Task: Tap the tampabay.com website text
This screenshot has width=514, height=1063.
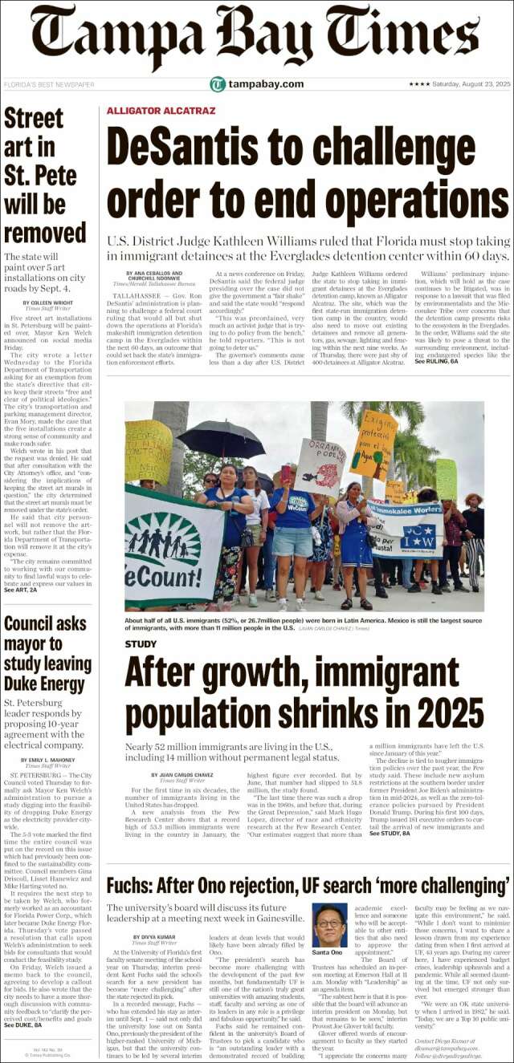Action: point(266,84)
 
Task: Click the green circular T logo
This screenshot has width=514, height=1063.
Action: point(218,84)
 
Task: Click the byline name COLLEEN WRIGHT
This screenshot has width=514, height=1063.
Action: point(49,303)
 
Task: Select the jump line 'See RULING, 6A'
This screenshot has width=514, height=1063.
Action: point(436,363)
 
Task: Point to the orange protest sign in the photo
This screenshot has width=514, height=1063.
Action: point(373,444)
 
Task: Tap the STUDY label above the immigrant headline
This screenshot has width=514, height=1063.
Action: point(141,644)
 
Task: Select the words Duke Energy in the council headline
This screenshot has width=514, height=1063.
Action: point(45,684)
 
